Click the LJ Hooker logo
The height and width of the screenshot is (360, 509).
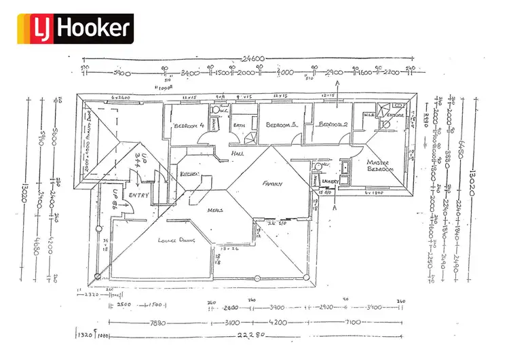point(75,28)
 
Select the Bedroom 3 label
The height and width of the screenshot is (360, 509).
point(282,126)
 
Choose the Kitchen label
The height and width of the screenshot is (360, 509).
point(189,175)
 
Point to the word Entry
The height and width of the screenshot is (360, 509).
point(138,196)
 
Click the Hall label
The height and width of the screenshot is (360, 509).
point(238,154)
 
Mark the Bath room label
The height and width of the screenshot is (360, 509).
point(240,126)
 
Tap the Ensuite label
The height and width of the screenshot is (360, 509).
point(396,115)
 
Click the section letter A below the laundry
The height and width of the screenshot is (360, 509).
point(336,209)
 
